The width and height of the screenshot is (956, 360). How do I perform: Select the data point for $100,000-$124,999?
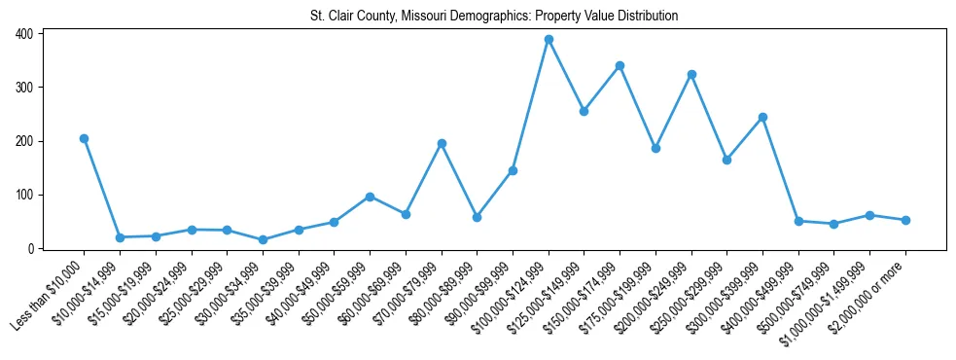point(549,40)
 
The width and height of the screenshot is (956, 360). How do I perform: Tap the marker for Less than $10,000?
point(84,138)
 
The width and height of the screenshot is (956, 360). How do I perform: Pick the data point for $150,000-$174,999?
point(620,65)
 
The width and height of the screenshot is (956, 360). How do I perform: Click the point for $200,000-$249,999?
point(691,74)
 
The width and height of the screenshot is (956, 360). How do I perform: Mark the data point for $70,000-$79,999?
point(442,143)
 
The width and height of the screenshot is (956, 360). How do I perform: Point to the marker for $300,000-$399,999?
point(762,117)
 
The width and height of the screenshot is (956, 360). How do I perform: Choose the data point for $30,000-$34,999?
point(263,239)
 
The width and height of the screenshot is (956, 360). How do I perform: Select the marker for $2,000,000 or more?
point(905,220)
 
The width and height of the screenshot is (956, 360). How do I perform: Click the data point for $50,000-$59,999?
point(370,197)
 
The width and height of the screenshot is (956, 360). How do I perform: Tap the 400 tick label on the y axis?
point(23,34)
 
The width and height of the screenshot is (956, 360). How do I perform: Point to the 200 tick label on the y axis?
point(23,141)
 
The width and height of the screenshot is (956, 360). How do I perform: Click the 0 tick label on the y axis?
point(30,249)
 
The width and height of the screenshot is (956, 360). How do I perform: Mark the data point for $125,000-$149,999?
point(584,111)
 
